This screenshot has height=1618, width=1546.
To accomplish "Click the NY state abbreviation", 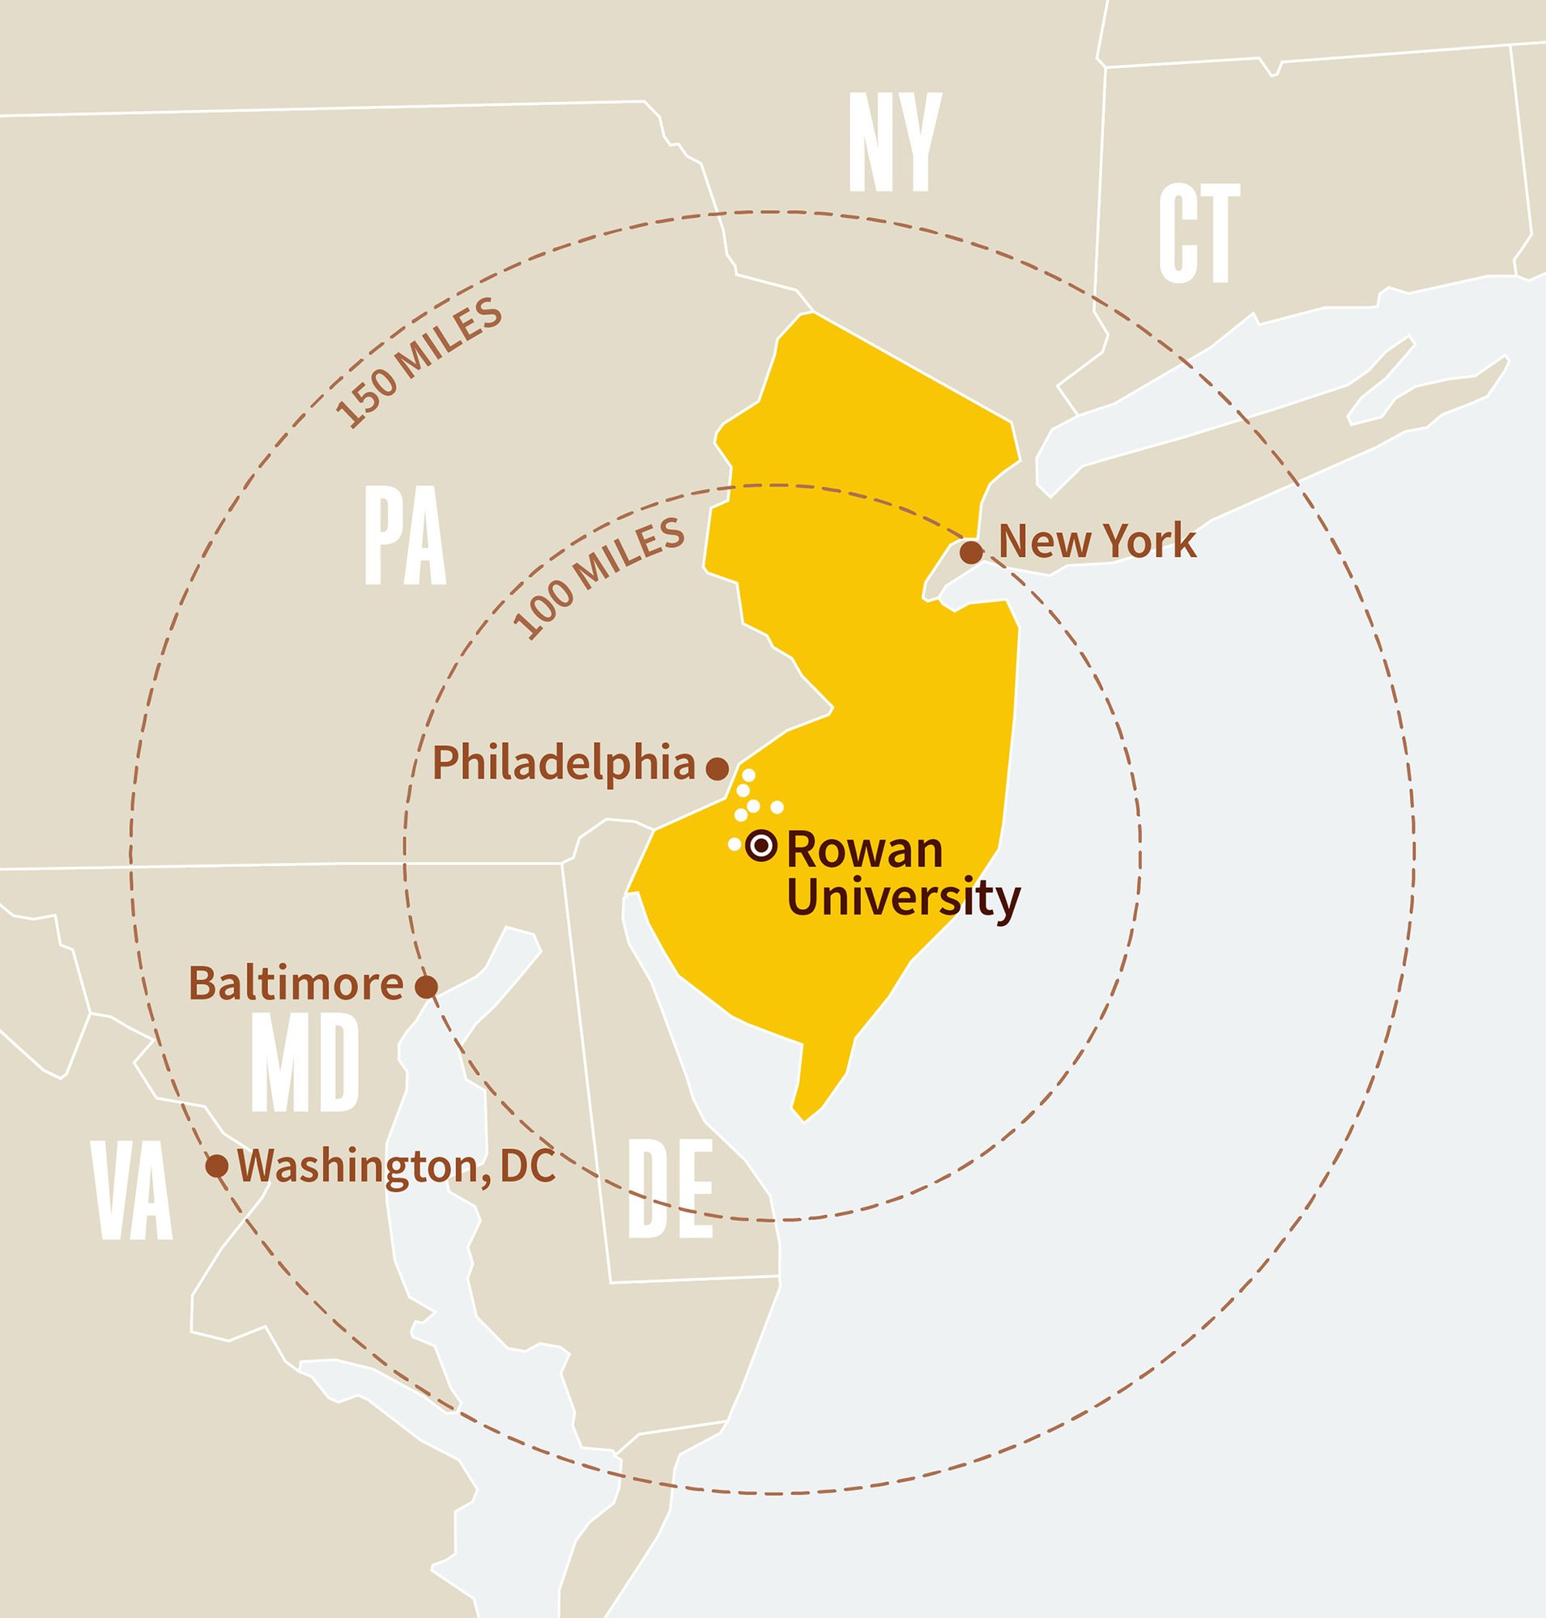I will [895, 142].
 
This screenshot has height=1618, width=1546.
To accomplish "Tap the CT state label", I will [1199, 233].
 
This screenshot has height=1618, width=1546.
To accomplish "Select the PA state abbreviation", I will [405, 537].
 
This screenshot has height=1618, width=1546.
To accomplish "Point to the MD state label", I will [305, 1063].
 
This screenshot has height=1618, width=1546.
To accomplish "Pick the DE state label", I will [670, 1189].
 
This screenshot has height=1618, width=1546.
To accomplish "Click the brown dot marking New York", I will [973, 552].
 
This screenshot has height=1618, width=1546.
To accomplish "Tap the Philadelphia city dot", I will [718, 769].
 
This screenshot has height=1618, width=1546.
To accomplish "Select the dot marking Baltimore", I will [425, 986].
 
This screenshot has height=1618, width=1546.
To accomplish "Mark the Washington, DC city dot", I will [217, 1166].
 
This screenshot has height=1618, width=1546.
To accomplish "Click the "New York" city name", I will [1097, 541].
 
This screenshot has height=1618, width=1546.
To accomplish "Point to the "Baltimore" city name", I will [296, 983].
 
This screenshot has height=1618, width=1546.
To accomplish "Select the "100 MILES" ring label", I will [599, 579].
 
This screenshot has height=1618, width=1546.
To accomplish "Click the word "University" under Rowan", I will [903, 898].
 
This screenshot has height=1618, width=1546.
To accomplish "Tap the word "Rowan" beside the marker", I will [864, 850].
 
